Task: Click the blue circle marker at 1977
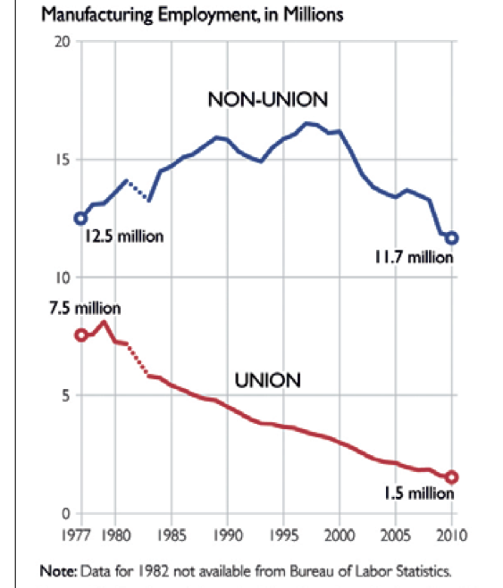(80, 218)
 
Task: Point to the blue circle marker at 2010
(452, 238)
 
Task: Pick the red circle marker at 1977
(80, 335)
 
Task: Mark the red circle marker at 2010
(452, 477)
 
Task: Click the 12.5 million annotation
(125, 238)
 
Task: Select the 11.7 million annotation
(414, 257)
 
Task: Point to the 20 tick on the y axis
(61, 42)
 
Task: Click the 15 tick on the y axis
(62, 160)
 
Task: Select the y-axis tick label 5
(64, 395)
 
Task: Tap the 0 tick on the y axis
(64, 513)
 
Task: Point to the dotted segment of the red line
(138, 360)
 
